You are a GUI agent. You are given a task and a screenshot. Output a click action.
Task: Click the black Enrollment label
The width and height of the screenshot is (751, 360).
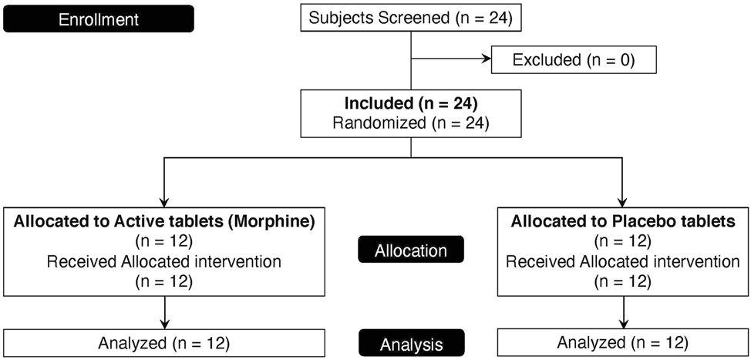(x=98, y=19)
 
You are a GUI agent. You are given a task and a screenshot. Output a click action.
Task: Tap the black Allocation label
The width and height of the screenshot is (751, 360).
(x=411, y=251)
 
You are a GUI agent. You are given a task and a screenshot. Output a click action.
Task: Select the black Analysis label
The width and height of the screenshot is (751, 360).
(x=411, y=342)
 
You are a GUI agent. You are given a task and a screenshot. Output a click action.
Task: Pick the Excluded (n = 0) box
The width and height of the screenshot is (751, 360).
(x=574, y=60)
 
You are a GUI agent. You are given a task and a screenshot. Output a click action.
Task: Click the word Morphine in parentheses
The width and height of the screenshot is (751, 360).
(x=278, y=221)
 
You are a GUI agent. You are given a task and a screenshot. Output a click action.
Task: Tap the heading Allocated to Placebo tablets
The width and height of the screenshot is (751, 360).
(x=623, y=221)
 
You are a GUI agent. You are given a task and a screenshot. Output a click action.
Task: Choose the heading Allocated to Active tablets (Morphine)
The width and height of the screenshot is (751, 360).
(x=163, y=221)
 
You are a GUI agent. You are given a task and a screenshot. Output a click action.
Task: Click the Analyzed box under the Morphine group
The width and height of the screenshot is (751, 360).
(x=163, y=341)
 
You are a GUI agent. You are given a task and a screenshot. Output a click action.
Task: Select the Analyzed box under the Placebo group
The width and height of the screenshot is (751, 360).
(x=623, y=341)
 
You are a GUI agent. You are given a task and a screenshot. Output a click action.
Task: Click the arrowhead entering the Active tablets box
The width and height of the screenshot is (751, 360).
(x=163, y=199)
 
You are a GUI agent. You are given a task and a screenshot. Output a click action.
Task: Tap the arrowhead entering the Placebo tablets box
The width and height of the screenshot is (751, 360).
(x=623, y=199)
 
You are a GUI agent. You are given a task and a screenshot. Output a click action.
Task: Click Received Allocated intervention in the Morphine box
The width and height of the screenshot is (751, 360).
(x=163, y=262)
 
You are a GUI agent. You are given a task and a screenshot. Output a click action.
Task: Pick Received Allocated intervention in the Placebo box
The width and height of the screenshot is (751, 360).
(x=623, y=262)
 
